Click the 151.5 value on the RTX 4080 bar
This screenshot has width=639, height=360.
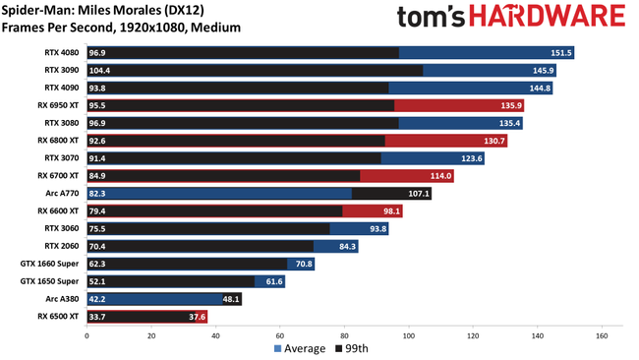561,53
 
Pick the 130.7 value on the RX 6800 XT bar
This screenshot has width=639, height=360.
494,141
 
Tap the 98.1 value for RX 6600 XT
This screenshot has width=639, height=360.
390,211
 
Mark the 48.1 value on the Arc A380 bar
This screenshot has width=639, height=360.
230,299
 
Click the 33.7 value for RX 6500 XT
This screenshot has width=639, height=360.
98,317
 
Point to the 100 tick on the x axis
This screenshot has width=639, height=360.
409,335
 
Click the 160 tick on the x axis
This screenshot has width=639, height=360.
602,335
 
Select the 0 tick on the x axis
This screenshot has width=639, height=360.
87,335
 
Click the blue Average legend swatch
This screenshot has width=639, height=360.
278,349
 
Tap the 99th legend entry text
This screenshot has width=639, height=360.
358,349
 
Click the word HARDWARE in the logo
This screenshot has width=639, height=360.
552,17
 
